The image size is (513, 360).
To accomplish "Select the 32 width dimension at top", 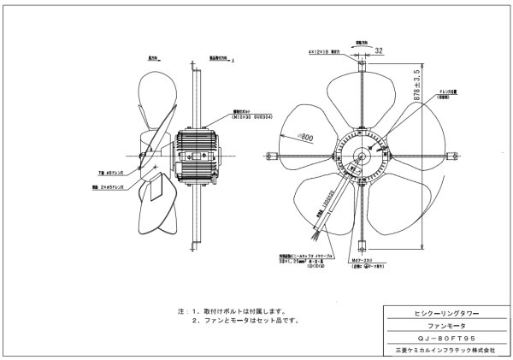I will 378,50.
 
